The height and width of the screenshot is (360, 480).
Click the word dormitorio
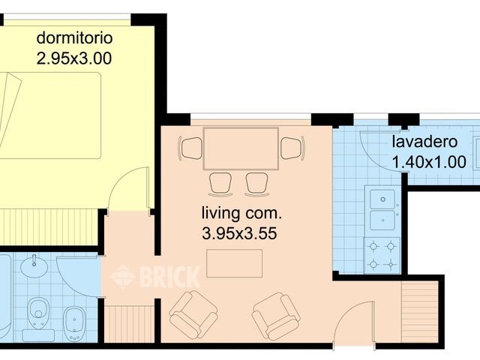pyautogui.click(x=74, y=38)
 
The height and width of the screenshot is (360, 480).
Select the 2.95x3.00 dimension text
pyautogui.click(x=74, y=58)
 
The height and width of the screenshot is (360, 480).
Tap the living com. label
pyautogui.click(x=241, y=213)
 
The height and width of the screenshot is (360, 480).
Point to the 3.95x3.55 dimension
pyautogui.click(x=239, y=233)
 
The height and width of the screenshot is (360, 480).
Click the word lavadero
pyautogui.click(x=425, y=142)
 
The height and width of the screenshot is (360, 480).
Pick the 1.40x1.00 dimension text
pyautogui.click(x=429, y=162)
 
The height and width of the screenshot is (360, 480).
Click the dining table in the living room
pyautogui.click(x=241, y=148)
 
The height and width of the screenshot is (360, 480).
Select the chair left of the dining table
pyautogui.click(x=190, y=148)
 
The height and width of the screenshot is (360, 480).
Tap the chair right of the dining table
pyautogui.click(x=293, y=148)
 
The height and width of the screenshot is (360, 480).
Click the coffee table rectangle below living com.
pyautogui.click(x=234, y=263)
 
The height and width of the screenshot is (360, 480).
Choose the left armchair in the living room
pyautogui.click(x=193, y=314)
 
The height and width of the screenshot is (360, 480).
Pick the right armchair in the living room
pyautogui.click(x=276, y=316)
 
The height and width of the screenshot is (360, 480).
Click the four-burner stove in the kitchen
pyautogui.click(x=382, y=255)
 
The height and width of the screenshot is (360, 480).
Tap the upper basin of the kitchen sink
pyautogui.click(x=382, y=199)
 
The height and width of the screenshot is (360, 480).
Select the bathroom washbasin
pyautogui.click(x=34, y=266)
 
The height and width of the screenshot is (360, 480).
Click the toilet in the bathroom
pyautogui.click(x=38, y=315)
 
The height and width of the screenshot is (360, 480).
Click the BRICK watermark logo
pyautogui.click(x=155, y=277)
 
